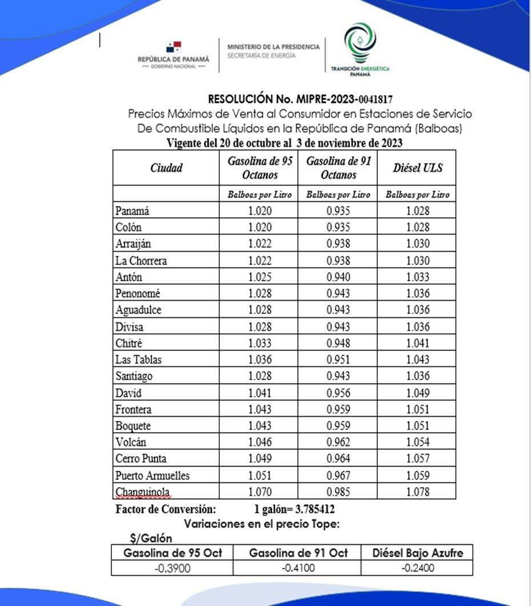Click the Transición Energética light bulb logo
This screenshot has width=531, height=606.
(360, 44)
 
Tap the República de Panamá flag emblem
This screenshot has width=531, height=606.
(174, 47)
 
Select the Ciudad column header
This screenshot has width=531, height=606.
(166, 168)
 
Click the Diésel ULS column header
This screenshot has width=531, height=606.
(417, 168)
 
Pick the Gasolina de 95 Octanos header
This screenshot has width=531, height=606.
(260, 168)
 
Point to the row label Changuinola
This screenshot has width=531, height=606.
(143, 492)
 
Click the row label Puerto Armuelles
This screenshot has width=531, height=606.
(152, 475)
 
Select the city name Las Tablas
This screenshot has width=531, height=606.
(138, 360)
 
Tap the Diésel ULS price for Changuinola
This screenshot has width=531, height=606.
(417, 492)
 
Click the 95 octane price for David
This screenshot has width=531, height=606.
(260, 393)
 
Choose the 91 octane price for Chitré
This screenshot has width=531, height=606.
(339, 343)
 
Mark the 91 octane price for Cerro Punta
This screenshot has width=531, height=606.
(339, 459)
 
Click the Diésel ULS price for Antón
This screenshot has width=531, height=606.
(417, 277)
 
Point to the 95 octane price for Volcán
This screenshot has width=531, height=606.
(260, 442)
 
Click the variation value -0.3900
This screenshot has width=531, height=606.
(172, 568)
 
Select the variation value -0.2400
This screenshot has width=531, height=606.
(417, 568)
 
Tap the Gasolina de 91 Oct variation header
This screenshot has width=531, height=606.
(298, 553)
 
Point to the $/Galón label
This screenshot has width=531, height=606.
(151, 538)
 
